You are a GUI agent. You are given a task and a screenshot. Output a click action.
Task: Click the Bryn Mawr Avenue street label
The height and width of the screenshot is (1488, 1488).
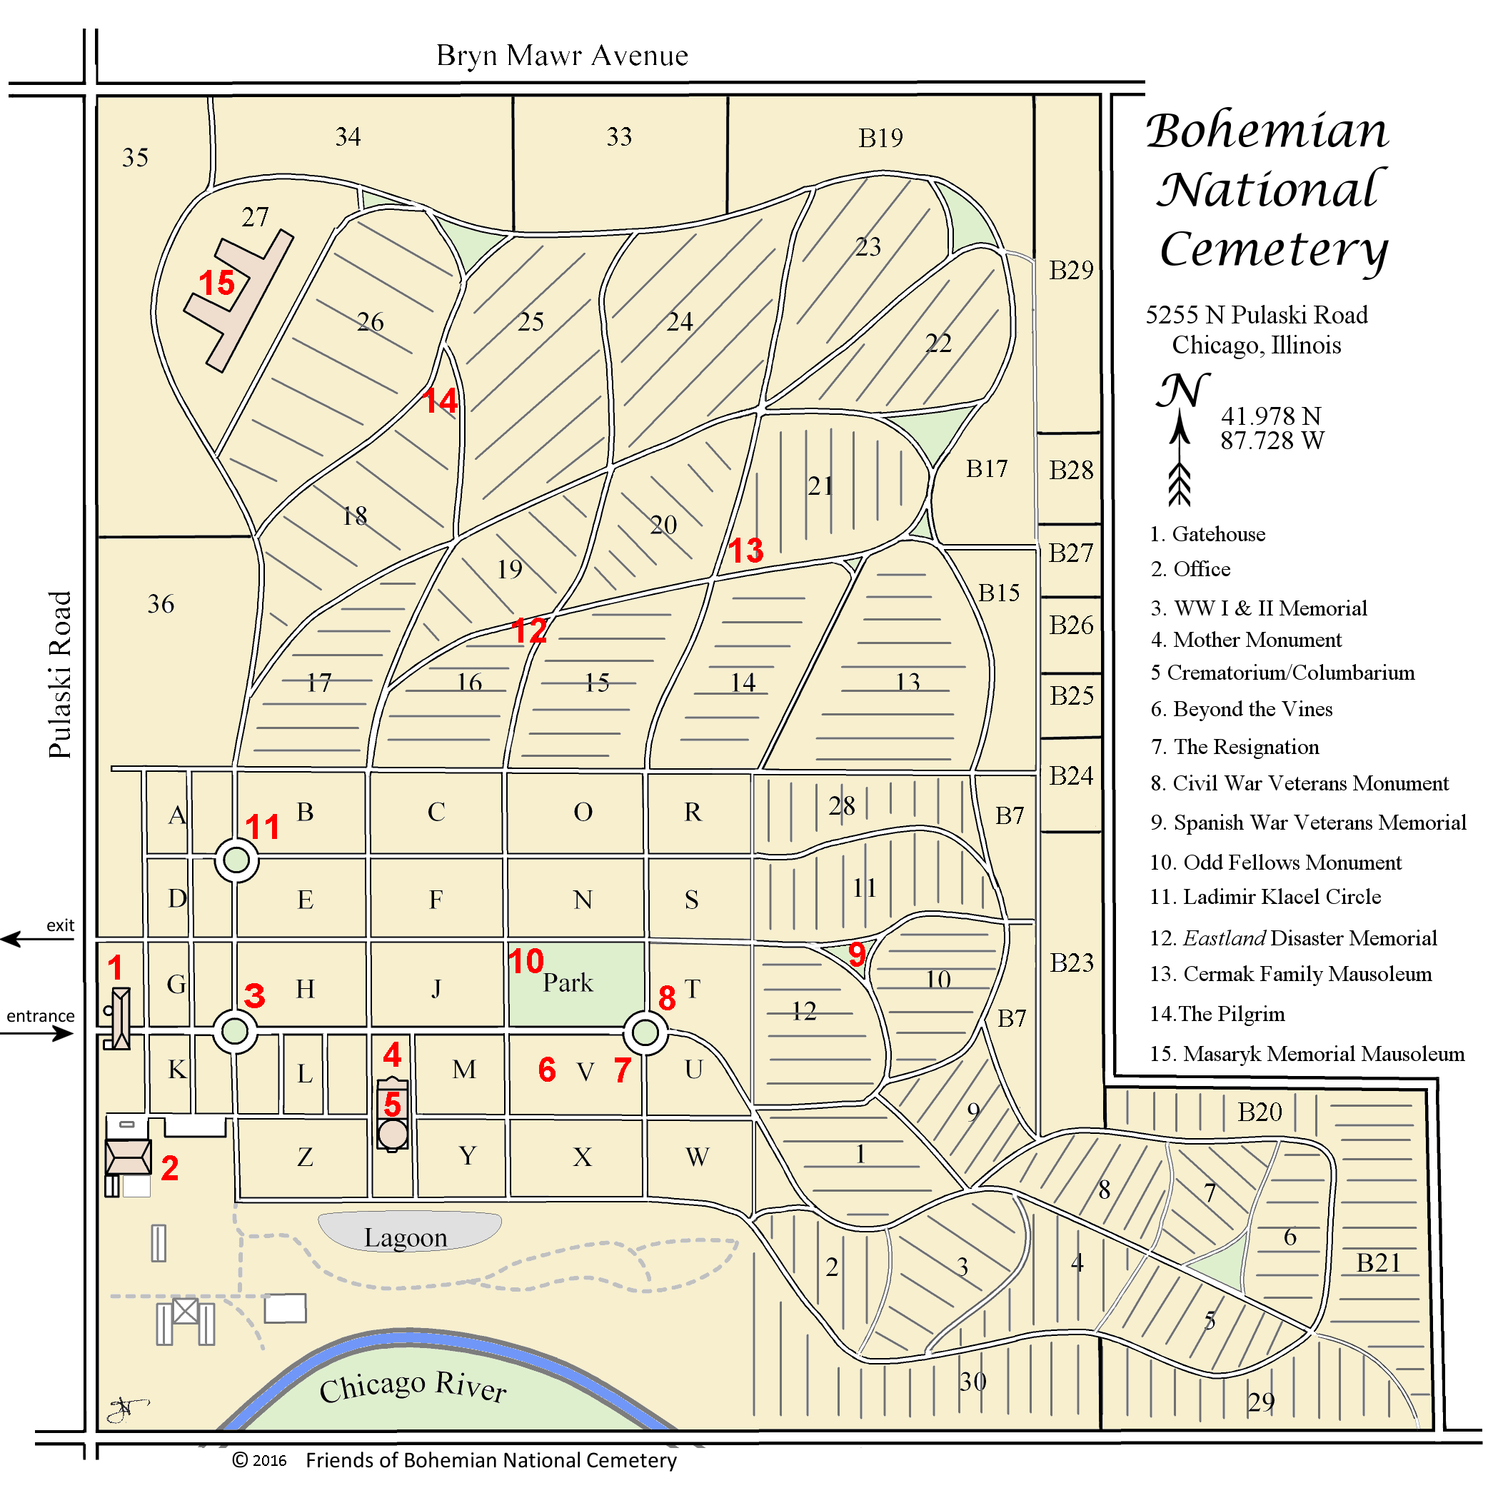tap(561, 56)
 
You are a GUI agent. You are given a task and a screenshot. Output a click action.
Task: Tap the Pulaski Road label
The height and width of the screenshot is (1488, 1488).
tap(59, 674)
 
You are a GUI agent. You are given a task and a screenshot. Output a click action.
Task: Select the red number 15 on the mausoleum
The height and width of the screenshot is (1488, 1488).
tap(216, 283)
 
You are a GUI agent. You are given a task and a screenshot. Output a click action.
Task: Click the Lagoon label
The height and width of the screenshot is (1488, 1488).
tap(405, 1237)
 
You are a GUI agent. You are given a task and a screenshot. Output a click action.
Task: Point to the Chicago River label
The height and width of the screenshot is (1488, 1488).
tap(413, 1387)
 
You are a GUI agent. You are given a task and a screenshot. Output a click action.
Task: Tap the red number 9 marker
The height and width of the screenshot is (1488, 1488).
tap(856, 955)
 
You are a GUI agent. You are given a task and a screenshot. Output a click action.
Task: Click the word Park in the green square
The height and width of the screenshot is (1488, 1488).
tap(568, 982)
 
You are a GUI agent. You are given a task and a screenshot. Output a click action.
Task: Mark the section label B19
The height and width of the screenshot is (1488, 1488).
tap(880, 138)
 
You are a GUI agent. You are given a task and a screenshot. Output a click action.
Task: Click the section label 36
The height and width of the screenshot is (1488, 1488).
tap(161, 604)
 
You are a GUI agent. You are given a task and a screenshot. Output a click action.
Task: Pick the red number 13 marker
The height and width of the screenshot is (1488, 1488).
tap(745, 551)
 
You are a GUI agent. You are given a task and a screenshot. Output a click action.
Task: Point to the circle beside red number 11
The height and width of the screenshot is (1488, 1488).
tap(236, 860)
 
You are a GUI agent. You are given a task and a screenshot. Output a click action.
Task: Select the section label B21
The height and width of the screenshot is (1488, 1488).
tap(1378, 1263)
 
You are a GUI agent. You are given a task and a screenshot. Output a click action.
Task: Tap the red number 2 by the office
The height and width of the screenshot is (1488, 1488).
tap(169, 1168)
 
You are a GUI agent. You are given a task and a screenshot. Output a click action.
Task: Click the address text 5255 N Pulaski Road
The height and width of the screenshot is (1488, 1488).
tap(1256, 315)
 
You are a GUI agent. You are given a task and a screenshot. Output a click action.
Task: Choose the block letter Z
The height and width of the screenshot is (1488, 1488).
tap(305, 1157)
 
